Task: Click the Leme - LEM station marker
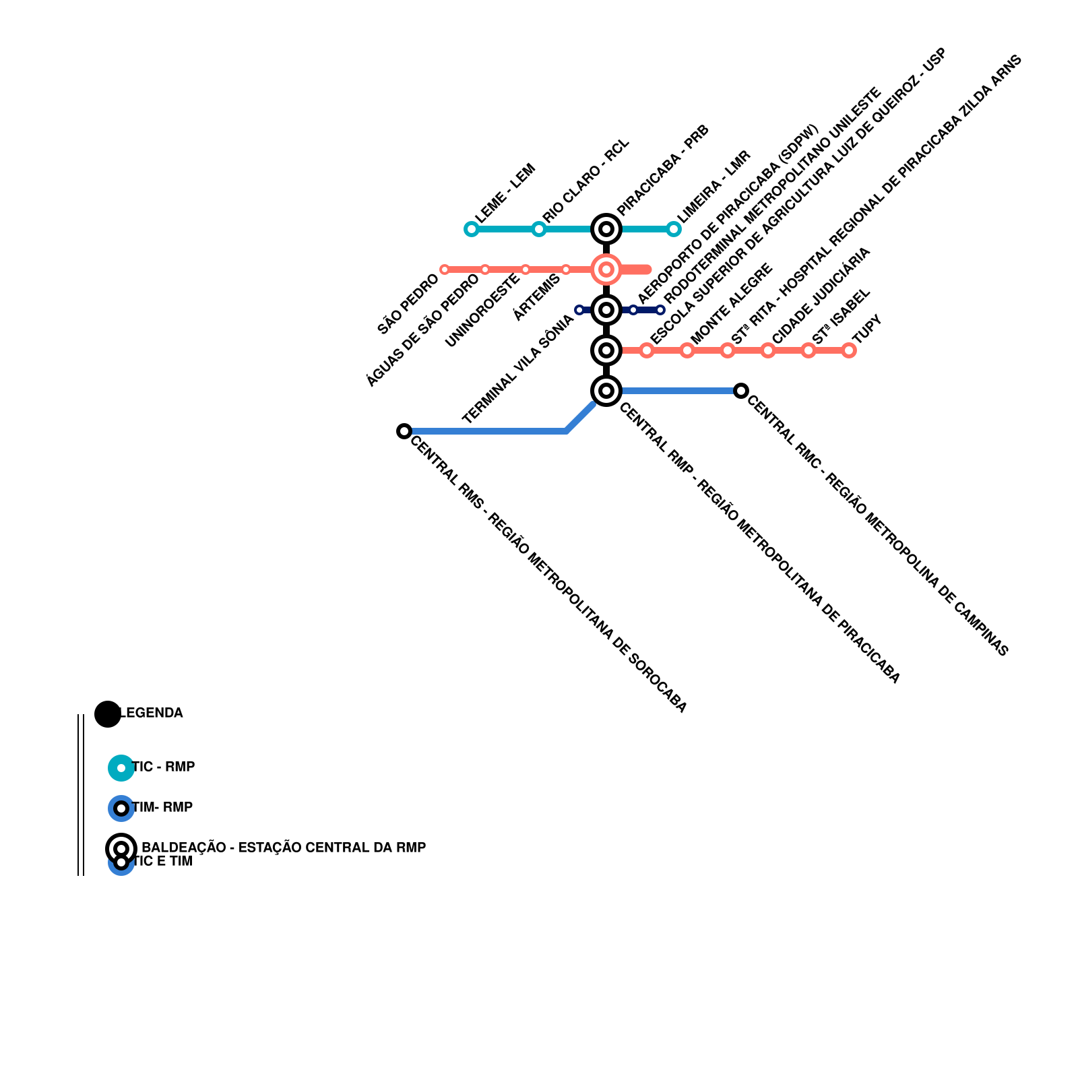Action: click(x=471, y=229)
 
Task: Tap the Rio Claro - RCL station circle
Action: click(x=538, y=229)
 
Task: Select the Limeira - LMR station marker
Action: click(x=673, y=229)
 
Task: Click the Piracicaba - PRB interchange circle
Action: click(x=606, y=229)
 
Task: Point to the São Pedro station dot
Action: click(x=444, y=269)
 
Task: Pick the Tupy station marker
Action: click(x=849, y=350)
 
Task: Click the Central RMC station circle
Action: click(x=740, y=391)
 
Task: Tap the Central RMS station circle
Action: click(x=404, y=431)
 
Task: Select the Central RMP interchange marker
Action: click(x=606, y=391)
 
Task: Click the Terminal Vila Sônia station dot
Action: click(x=579, y=310)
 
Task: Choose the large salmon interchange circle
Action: click(x=606, y=269)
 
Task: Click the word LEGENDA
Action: click(x=151, y=713)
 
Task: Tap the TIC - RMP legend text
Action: click(x=164, y=767)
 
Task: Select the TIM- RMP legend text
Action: click(x=162, y=807)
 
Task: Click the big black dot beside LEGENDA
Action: click(x=107, y=714)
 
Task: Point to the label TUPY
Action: click(x=867, y=329)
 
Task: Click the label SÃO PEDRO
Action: click(x=408, y=304)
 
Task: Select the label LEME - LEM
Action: click(x=505, y=193)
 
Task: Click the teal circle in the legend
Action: click(x=121, y=768)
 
